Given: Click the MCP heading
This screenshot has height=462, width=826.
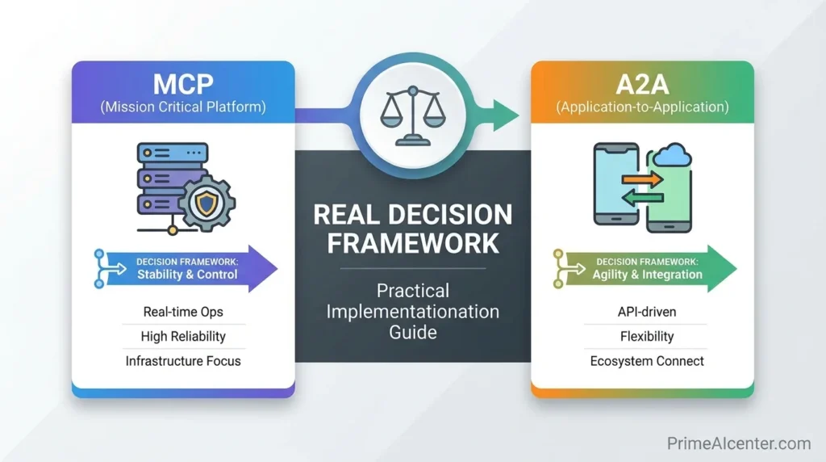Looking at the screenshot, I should tap(183, 83).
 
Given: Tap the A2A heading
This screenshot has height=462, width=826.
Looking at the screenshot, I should tap(641, 83).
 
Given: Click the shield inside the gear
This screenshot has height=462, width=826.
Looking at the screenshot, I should tap(207, 203).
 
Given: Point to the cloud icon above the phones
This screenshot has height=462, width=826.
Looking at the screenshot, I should tap(673, 155).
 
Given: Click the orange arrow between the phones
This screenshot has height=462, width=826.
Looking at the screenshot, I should tap(643, 179).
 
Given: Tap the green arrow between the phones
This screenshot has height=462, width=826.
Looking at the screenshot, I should tap(643, 197).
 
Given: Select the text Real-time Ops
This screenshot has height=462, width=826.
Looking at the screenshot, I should tap(182, 311).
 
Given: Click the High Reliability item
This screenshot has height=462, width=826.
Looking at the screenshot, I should tap(183, 336).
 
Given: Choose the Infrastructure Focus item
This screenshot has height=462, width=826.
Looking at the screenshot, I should tap(183, 361).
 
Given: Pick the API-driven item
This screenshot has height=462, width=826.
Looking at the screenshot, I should tap(641, 311).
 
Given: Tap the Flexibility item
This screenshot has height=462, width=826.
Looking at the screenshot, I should tap(641, 336).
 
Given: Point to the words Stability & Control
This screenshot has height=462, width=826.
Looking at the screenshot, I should tap(187, 275).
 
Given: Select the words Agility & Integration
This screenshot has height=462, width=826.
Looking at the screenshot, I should tap(647, 275).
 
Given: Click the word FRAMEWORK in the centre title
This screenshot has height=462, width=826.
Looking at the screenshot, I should tap(412, 241).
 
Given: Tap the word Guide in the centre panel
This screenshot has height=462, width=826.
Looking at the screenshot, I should tap(412, 332).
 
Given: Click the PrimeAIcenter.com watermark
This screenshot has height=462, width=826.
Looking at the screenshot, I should tap(738, 443).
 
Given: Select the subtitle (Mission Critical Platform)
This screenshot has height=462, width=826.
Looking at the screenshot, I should tap(183, 107).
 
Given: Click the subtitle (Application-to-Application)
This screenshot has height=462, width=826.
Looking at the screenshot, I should tap(641, 107).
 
